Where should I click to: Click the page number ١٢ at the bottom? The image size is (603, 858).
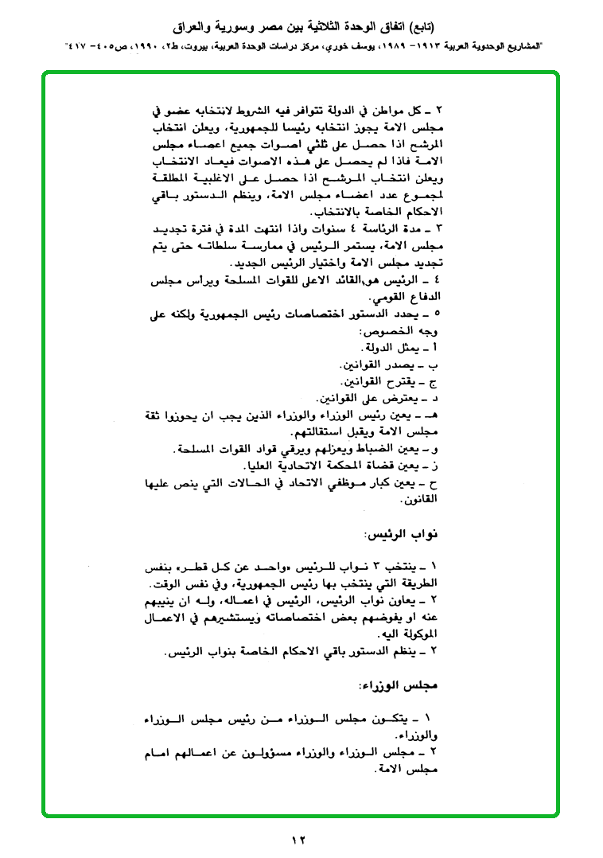(299, 840)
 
